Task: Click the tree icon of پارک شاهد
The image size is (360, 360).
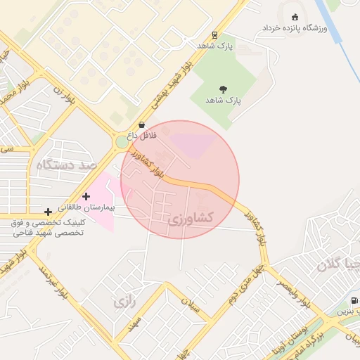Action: [223, 89]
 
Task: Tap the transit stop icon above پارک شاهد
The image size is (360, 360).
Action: [214, 35]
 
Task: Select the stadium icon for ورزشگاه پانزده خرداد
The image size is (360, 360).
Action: [293, 17]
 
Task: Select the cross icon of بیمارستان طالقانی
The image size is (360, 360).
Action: [86, 197]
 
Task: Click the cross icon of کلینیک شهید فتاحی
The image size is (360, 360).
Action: [48, 211]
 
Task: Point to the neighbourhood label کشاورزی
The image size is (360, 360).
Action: [191, 219]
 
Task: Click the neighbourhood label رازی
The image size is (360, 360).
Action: [124, 303]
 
